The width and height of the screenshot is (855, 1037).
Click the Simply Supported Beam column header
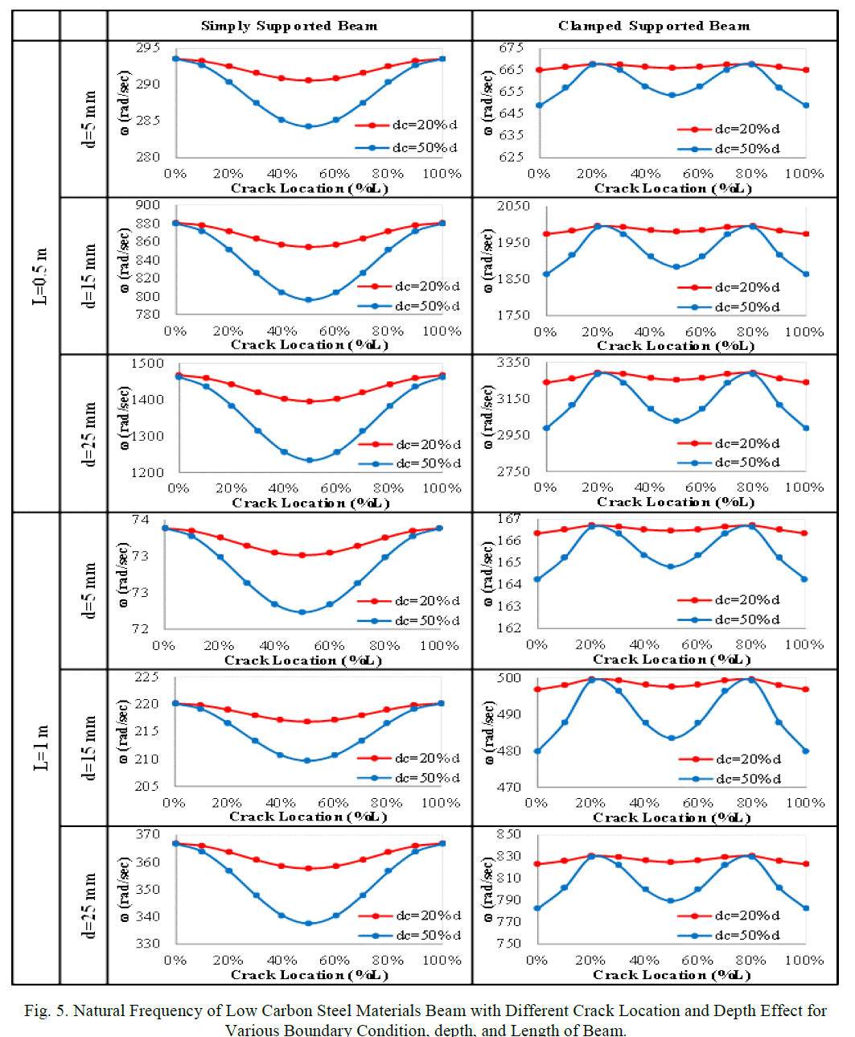[x=289, y=26]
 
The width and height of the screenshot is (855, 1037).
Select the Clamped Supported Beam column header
[x=654, y=26]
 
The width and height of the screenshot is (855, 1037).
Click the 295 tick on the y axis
[x=147, y=47]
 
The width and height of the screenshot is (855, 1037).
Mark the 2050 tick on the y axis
[x=513, y=206]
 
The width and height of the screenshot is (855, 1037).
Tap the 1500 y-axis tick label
[x=147, y=364]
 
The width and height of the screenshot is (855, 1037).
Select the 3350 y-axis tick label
[x=513, y=363]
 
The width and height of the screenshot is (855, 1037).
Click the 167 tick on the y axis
[x=508, y=519]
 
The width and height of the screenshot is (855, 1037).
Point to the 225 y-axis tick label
[x=146, y=677]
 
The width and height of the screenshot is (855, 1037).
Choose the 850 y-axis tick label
[x=508, y=834]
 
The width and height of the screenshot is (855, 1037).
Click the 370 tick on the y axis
[x=147, y=834]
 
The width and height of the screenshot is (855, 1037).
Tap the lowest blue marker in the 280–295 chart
[x=308, y=126]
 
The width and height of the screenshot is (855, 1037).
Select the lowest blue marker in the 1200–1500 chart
[x=310, y=460]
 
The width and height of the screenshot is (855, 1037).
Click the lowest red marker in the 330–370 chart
[x=308, y=869]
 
